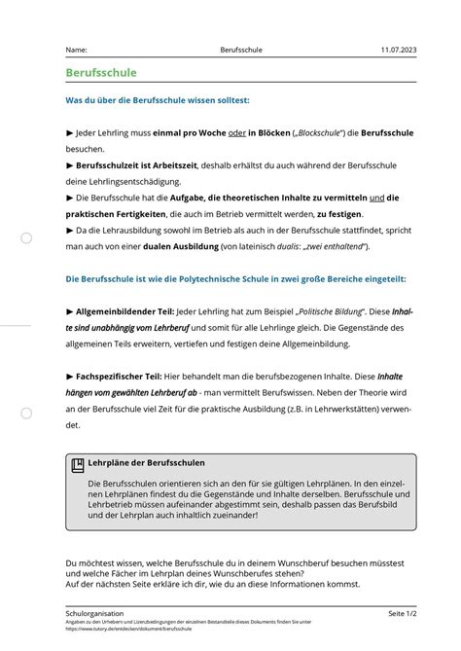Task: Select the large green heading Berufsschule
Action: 101,73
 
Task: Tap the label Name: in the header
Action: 77,49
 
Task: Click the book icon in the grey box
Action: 78,465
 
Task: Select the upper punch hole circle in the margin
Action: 27,237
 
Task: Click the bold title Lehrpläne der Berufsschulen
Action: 146,464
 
